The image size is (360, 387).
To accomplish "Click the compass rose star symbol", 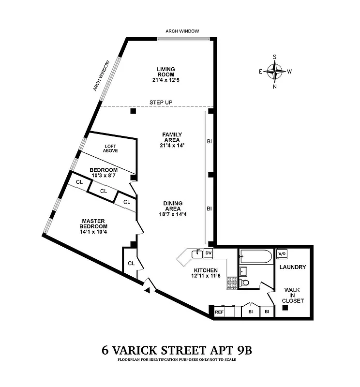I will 275,72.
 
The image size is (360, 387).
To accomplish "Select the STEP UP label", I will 161,103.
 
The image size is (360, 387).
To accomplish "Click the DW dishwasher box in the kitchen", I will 209,253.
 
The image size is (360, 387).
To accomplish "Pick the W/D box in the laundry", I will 281,253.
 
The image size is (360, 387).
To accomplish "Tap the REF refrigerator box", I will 219,313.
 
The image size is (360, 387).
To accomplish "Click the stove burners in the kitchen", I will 232,283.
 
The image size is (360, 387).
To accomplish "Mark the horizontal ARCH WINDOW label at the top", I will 182,31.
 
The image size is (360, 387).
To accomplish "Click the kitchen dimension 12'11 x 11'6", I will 206,276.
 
